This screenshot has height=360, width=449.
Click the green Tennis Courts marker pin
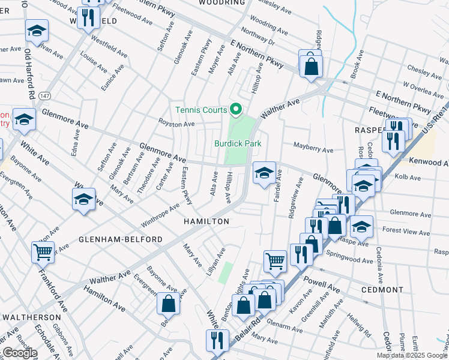tap(236, 109)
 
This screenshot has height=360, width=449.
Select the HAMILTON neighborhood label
tap(206, 221)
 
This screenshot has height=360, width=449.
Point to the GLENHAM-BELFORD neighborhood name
tap(120, 239)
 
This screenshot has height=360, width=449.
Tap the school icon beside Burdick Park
tap(264, 173)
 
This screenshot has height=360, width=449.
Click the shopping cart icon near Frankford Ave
tap(43, 253)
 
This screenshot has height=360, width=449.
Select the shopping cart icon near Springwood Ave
tap(275, 261)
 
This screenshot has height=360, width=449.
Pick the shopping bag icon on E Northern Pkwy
tap(311, 67)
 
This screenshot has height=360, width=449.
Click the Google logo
tap(19, 353)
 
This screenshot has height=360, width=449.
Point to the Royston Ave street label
tap(176, 124)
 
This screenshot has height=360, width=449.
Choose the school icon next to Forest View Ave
tap(361, 226)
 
